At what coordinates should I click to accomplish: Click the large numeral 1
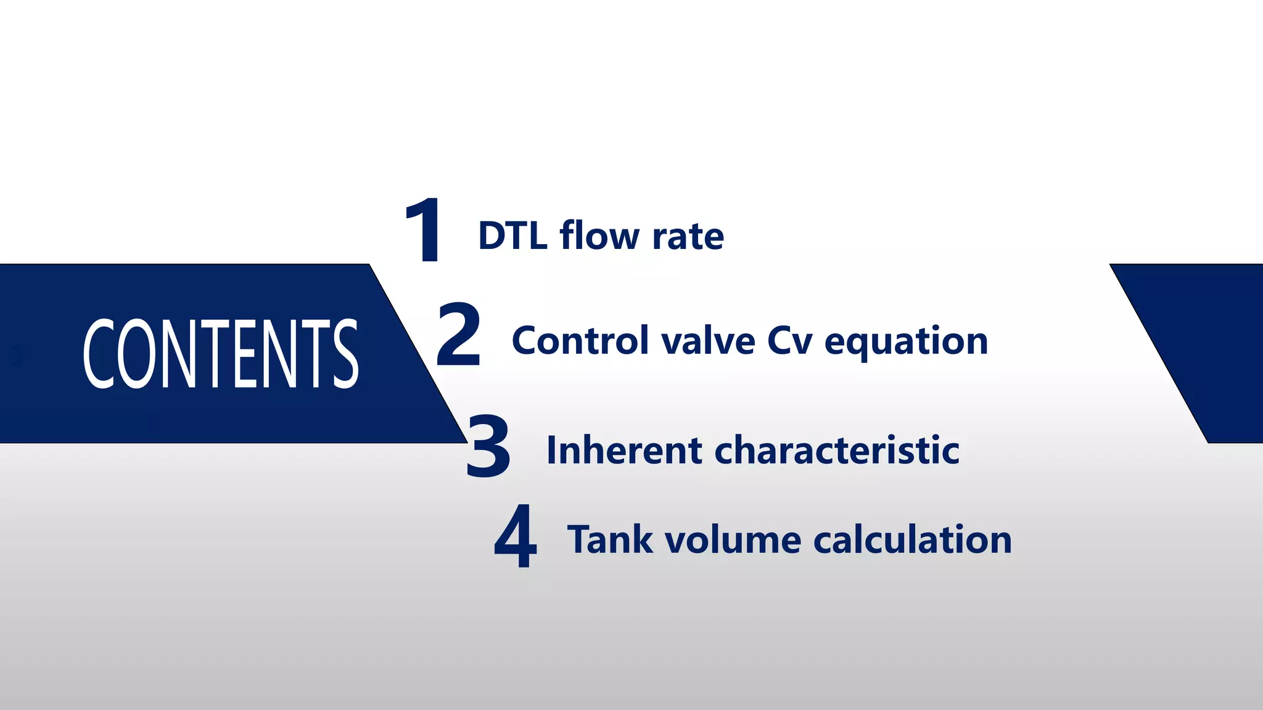(424, 231)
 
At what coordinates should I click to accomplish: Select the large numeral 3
(488, 446)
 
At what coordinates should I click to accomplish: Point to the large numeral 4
(516, 536)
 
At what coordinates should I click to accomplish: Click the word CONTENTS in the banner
(220, 354)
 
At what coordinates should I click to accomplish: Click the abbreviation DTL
(512, 236)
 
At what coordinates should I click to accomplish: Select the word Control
(580, 340)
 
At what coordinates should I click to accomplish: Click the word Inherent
(624, 450)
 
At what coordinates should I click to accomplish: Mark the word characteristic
(837, 450)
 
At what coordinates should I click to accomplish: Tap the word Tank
(610, 540)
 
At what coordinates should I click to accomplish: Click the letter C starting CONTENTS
(99, 354)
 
